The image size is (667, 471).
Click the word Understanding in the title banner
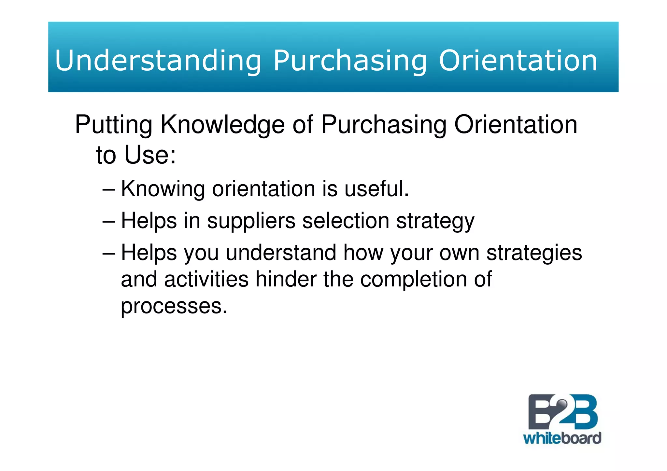pyautogui.click(x=158, y=61)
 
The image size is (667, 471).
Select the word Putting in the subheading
pyautogui.click(x=114, y=125)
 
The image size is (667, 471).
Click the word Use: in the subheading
pyautogui.click(x=150, y=155)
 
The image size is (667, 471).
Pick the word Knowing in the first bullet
pyautogui.click(x=163, y=189)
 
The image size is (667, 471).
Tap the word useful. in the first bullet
pyautogui.click(x=376, y=188)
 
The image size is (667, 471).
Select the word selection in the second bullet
pyautogui.click(x=346, y=221)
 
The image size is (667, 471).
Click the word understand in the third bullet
pyautogui.click(x=281, y=253)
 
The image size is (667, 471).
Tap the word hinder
pyautogui.click(x=286, y=279)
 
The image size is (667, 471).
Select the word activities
pyautogui.click(x=206, y=279)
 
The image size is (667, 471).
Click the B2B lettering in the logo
pyautogui.click(x=562, y=412)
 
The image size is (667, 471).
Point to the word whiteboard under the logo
pyautogui.click(x=562, y=438)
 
